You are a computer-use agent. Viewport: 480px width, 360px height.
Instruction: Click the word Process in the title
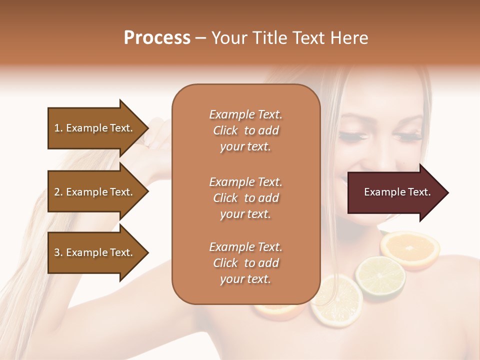click(157, 38)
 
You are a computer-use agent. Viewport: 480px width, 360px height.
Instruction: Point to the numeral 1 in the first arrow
click(56, 128)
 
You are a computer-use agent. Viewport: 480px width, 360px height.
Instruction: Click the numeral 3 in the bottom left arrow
click(57, 253)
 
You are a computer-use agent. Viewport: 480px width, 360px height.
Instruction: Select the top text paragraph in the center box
click(245, 130)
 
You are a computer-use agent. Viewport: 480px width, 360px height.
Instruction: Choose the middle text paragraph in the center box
click(245, 198)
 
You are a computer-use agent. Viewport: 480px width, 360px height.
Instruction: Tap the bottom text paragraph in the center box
click(245, 263)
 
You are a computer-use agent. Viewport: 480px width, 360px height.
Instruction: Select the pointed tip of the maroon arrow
click(447, 192)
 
